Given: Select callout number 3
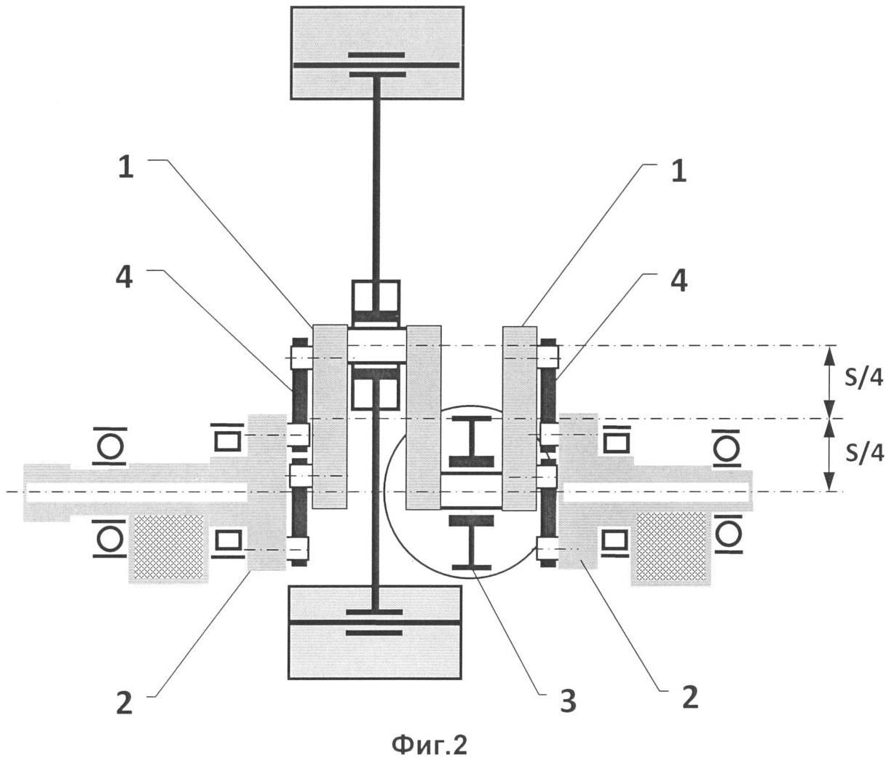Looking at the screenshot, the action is coord(568,701).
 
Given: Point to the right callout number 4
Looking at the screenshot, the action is coord(679,281).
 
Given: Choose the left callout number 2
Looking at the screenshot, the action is coord(124,702).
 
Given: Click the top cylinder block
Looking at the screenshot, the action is coord(377,53).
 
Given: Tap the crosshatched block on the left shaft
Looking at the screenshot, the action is coord(168,546).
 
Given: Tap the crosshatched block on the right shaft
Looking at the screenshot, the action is coord(671,546).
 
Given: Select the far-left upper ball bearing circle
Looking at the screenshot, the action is coord(110,446).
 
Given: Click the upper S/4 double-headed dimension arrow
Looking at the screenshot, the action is coord(830,382).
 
